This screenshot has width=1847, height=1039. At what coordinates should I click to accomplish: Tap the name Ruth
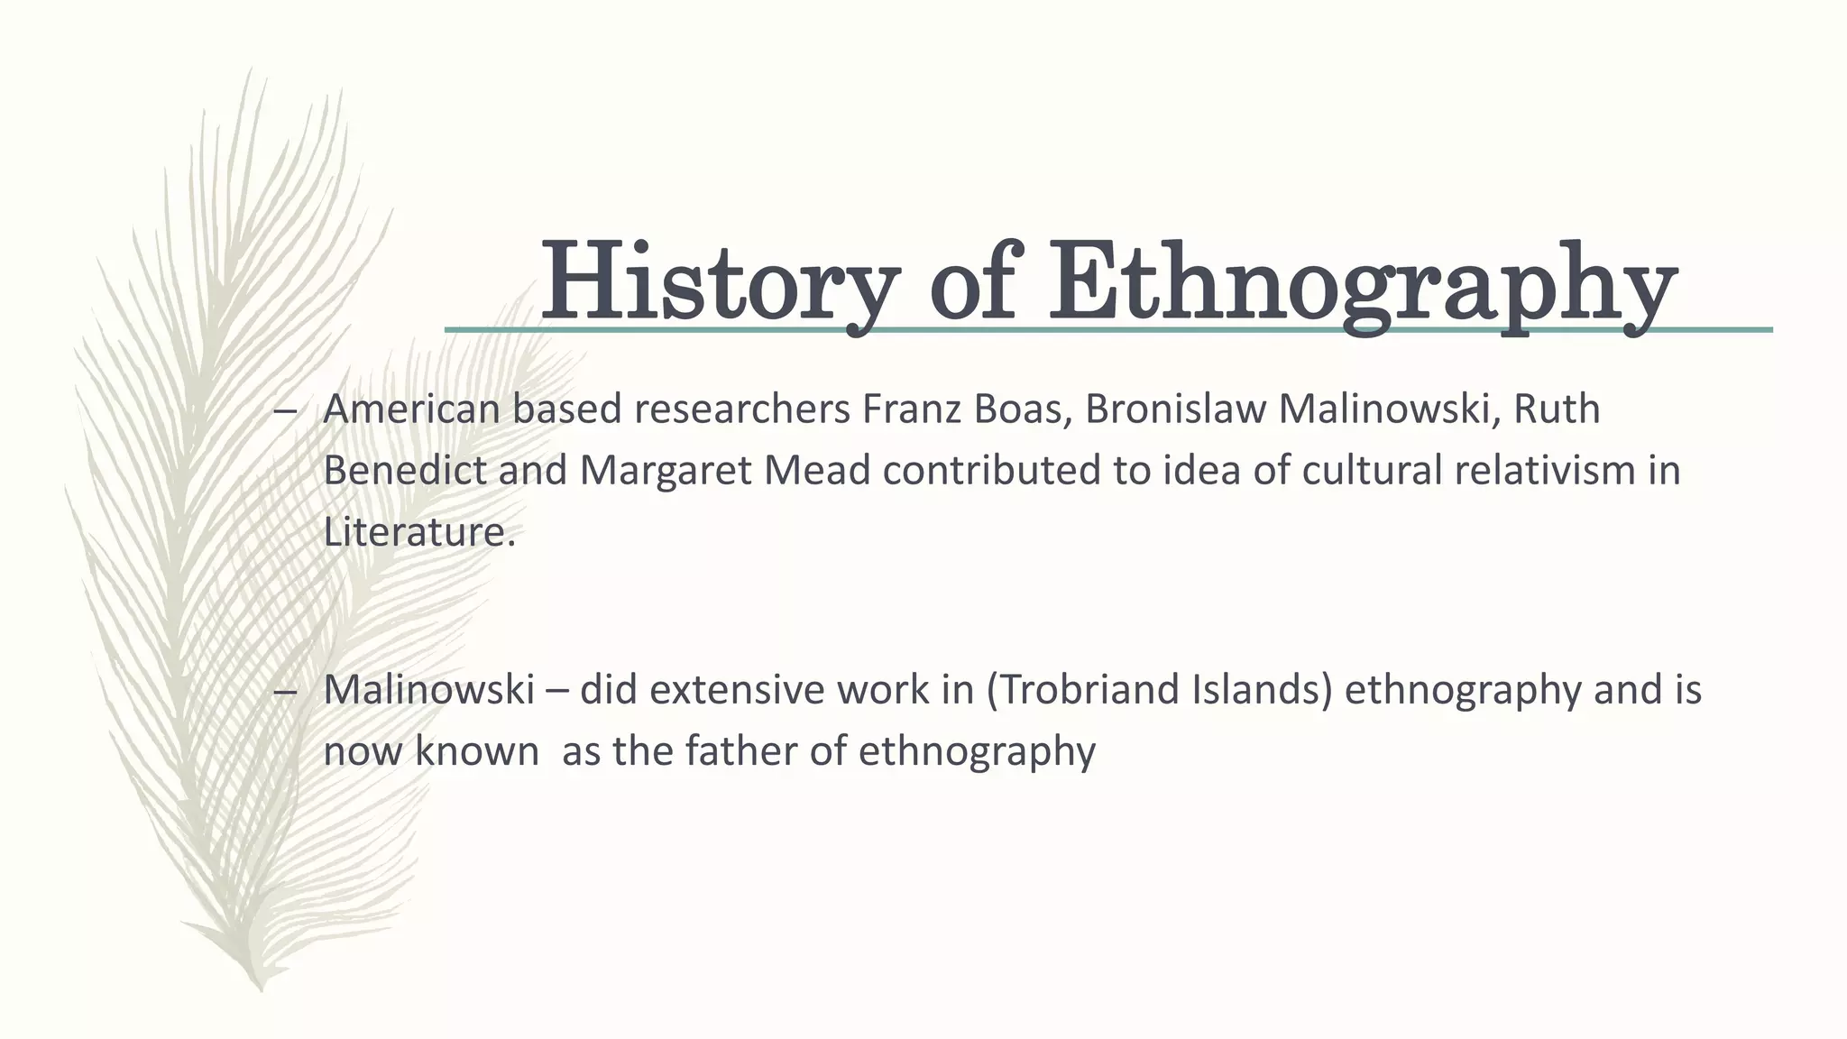(x=1557, y=409)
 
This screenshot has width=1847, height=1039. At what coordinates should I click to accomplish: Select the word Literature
(x=418, y=531)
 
